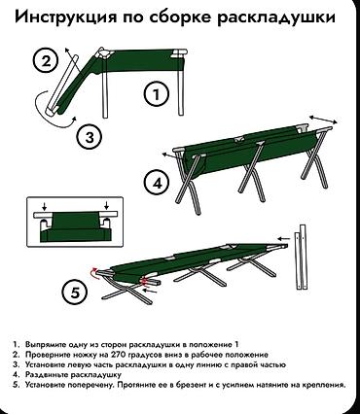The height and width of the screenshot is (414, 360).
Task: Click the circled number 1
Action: [157, 94]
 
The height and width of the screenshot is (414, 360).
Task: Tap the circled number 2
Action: [46, 61]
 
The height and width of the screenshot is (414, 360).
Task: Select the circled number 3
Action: [90, 137]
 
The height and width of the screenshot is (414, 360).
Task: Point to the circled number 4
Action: [157, 184]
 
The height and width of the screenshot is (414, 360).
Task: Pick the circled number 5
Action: [75, 293]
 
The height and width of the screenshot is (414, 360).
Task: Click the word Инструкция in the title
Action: [65, 17]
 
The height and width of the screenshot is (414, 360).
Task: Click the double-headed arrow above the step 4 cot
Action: [323, 119]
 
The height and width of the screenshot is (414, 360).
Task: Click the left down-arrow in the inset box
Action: [45, 206]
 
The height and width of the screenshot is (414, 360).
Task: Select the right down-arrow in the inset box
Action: [106, 206]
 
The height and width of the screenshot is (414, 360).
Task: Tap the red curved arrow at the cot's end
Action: [93, 273]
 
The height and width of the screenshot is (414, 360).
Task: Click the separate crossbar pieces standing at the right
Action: [301, 258]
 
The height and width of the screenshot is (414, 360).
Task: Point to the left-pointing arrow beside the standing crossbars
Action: [284, 239]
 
